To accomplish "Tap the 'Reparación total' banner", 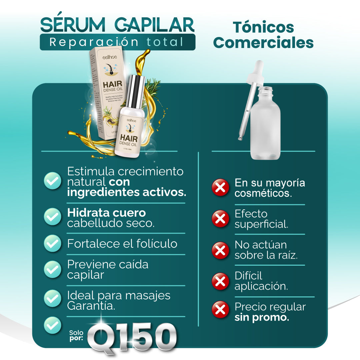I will (117, 42).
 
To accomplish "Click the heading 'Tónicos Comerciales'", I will (263, 35).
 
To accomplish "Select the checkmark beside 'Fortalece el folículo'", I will (52, 243).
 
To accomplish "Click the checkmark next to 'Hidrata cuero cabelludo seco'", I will (52, 216).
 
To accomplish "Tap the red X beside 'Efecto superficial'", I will (220, 219).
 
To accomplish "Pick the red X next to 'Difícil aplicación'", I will (220, 281).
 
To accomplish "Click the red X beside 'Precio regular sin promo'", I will (220, 310).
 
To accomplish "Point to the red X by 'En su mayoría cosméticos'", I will (220, 187).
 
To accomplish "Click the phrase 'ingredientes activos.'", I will (127, 192).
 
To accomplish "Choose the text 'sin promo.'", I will (262, 317).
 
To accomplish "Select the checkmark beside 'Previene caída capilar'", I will (52, 269).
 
